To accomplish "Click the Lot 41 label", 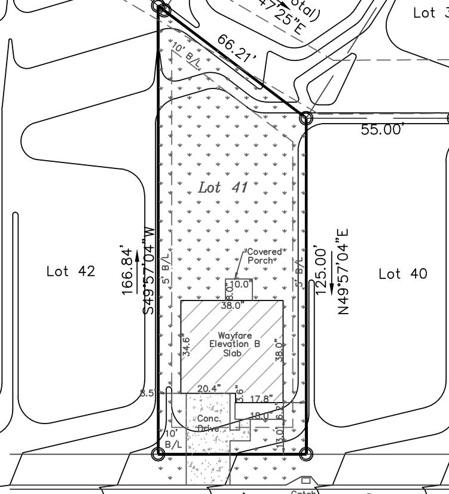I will [222, 188].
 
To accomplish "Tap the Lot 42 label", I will [71, 271].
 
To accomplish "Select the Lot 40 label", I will [403, 274].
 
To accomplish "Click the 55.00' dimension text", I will [383, 130].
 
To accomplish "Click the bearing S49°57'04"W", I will [149, 270].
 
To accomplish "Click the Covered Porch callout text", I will [264, 256].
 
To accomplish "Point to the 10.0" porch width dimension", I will [242, 284].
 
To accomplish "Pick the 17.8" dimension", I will [262, 398].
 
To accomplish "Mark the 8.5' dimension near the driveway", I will [148, 393].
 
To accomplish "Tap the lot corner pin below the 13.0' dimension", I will [305, 454].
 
